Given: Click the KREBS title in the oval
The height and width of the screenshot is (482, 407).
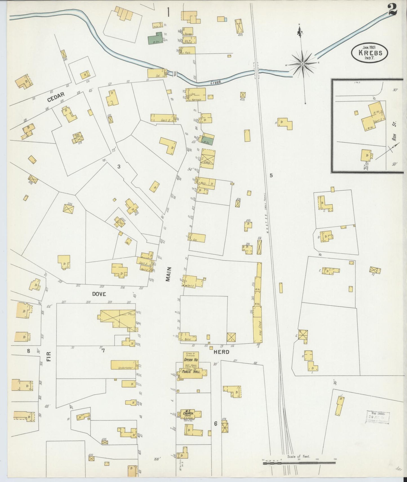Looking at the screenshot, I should pyautogui.click(x=370, y=53).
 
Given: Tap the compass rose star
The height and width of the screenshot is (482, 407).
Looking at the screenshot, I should pyautogui.click(x=302, y=64).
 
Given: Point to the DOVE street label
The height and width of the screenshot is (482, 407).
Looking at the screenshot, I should pyautogui.click(x=99, y=294).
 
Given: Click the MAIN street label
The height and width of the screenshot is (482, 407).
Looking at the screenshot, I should pyautogui.click(x=168, y=274).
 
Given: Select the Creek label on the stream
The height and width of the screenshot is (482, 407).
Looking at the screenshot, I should pyautogui.click(x=216, y=82).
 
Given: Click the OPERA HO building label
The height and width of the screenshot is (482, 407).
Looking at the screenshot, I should pyautogui.click(x=191, y=360).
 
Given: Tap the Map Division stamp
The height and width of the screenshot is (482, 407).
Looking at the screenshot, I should pyautogui.click(x=378, y=417).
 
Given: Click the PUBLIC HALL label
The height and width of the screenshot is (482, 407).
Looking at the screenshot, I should pyautogui.click(x=191, y=371).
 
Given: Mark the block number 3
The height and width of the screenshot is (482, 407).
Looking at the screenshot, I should pyautogui.click(x=119, y=166).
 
